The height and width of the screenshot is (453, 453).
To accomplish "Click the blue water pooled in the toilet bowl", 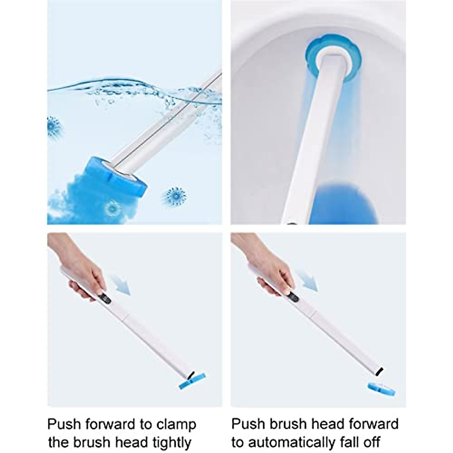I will tap(332, 202).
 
